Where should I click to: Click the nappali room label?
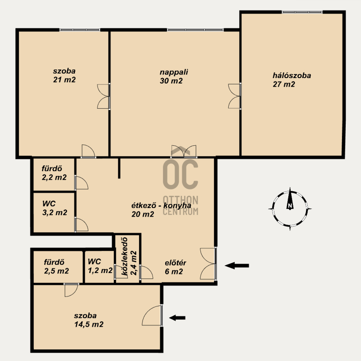click(x=174, y=72)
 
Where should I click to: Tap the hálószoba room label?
click(x=292, y=75)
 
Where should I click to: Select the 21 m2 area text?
click(x=64, y=80)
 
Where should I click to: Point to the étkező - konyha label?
click(x=161, y=205)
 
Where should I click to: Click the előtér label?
click(x=176, y=263)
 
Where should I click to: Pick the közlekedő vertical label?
click(x=125, y=256)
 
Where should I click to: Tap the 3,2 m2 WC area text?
click(x=55, y=212)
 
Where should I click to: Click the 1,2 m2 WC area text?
click(x=100, y=270)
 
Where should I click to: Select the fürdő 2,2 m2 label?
click(x=54, y=173)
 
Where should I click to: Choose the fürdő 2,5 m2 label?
click(x=56, y=267)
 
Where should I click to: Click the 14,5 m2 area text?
click(x=89, y=324)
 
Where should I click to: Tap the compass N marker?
click(x=290, y=205)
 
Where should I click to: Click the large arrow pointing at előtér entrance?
click(x=237, y=265)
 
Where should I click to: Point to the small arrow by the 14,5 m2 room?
click(x=177, y=318)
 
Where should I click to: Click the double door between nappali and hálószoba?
click(x=234, y=96)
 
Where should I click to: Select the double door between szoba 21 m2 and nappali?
click(x=103, y=96)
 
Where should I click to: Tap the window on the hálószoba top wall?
click(x=302, y=12)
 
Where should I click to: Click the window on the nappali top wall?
click(x=195, y=30)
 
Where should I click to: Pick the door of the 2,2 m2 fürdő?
click(x=81, y=183)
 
